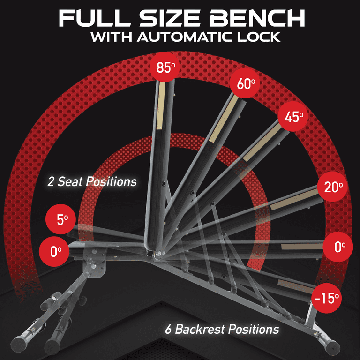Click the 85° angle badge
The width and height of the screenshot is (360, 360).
[x=165, y=67]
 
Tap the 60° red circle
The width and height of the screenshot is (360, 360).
[x=245, y=83]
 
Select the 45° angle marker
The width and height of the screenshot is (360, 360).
[x=292, y=117]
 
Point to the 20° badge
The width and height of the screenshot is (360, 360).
[x=332, y=187]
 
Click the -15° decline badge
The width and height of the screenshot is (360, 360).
[x=326, y=298]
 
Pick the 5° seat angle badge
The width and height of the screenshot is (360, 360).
[x=60, y=219]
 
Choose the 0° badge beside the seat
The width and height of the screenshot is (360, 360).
[x=54, y=251]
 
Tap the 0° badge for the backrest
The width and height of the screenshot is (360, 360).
[x=337, y=247]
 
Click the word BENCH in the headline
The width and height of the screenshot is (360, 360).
[x=257, y=19]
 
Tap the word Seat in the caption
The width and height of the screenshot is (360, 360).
[x=69, y=181]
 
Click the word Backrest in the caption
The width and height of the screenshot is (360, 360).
[x=200, y=329]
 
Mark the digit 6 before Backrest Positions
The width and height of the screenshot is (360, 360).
[x=168, y=330]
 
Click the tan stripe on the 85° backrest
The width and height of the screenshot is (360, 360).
[x=161, y=105]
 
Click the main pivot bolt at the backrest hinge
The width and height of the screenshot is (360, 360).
[x=158, y=253]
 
